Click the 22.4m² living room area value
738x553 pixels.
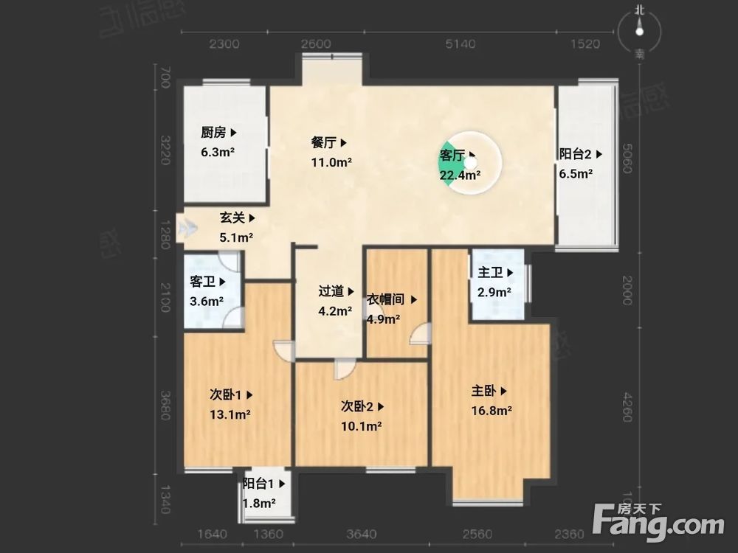(461, 175)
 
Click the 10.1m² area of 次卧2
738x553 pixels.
(361, 425)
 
